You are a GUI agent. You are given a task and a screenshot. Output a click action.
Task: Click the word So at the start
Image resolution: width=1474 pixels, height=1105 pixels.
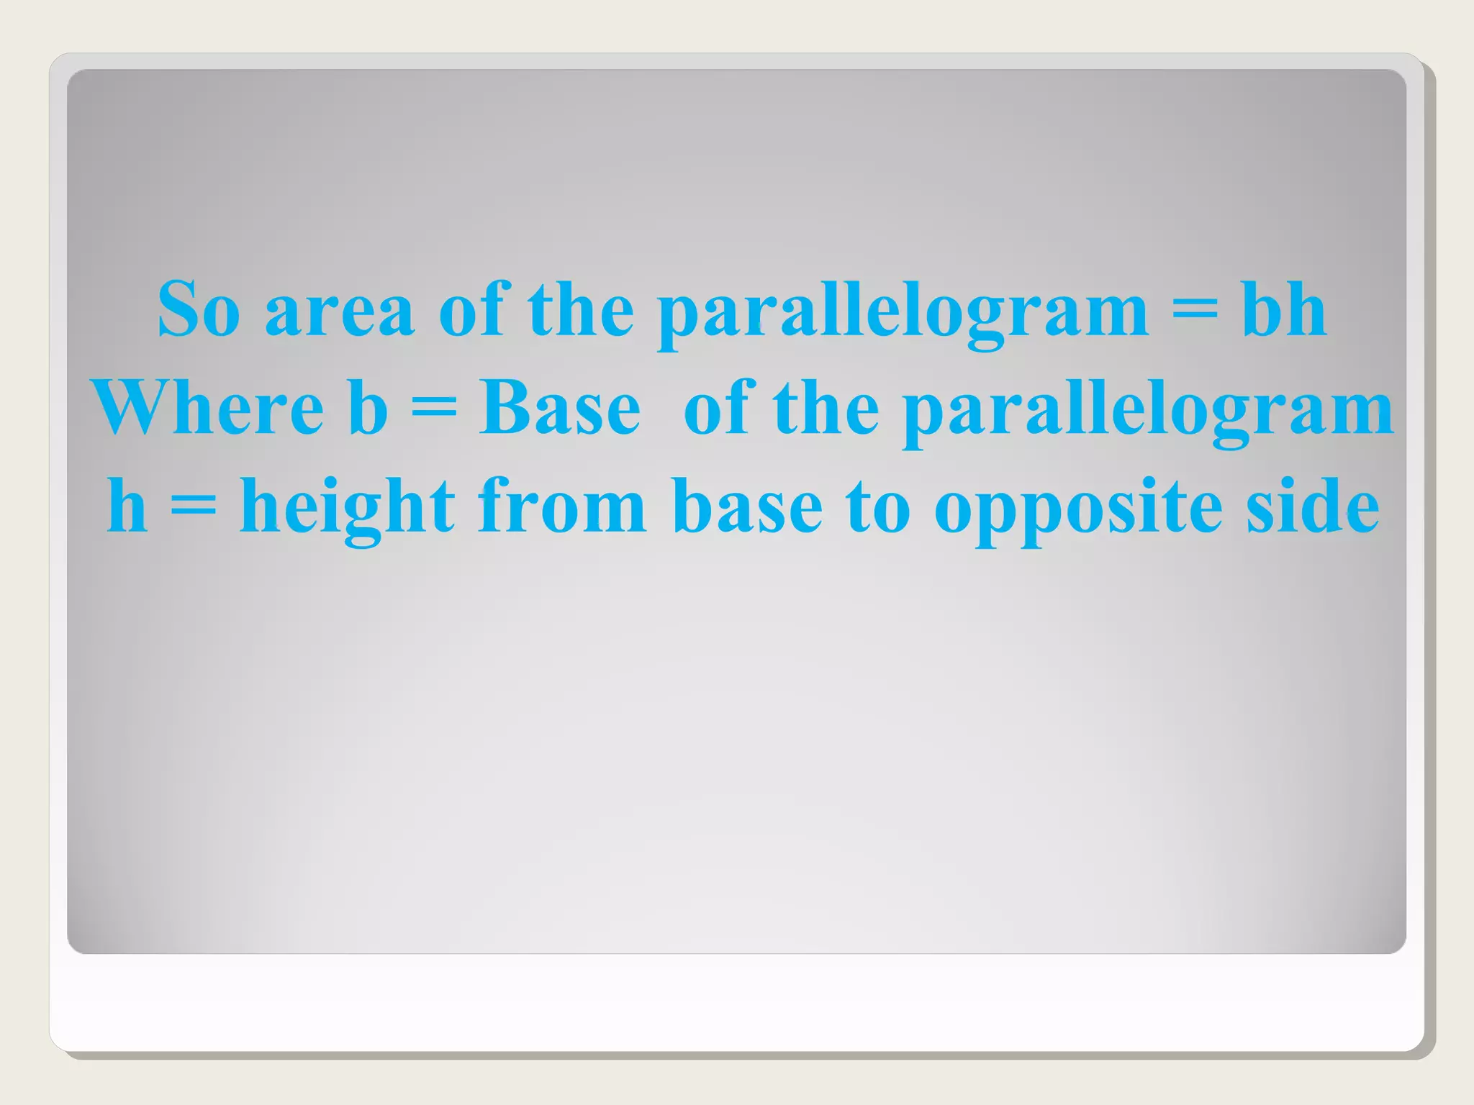[198, 309]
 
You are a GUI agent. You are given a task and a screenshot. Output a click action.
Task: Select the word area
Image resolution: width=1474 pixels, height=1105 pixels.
[340, 310]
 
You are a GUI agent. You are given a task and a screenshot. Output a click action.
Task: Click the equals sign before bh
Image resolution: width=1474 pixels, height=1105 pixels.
[1195, 310]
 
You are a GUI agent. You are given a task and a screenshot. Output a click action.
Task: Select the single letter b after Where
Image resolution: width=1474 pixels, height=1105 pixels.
[368, 408]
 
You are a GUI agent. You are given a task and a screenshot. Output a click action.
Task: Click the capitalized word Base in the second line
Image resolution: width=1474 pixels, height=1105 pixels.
[559, 408]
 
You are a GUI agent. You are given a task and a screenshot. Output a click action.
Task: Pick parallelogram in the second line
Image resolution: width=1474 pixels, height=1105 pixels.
[1148, 411]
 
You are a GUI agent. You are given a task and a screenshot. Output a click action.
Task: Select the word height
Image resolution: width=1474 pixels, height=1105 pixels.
[347, 509]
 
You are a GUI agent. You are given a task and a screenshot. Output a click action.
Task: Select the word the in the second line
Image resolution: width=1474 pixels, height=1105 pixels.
[826, 408]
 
